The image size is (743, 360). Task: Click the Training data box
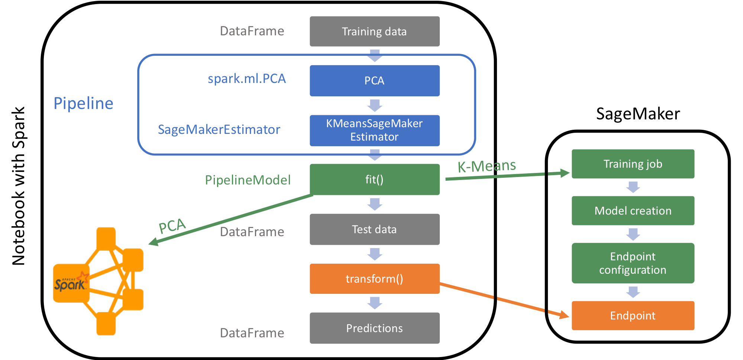(x=375, y=31)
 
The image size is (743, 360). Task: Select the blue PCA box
(x=375, y=81)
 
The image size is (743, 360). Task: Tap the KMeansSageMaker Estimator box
(x=375, y=131)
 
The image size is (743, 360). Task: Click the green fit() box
(x=375, y=180)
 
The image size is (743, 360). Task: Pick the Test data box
(x=375, y=229)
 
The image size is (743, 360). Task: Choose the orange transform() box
(x=375, y=279)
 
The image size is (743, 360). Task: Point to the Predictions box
(x=375, y=328)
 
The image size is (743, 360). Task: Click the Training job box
(x=633, y=164)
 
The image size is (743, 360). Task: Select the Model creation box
(x=633, y=210)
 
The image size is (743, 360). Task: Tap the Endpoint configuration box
(x=633, y=263)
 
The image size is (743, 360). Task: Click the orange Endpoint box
(x=633, y=316)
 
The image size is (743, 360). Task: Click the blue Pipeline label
(x=84, y=103)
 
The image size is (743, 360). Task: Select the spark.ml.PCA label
(x=247, y=79)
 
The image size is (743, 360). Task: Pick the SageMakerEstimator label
(x=219, y=129)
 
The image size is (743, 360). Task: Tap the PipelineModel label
(x=248, y=180)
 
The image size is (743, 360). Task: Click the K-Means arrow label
(x=487, y=166)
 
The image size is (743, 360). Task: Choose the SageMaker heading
(x=638, y=114)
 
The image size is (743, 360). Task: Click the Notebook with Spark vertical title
(x=18, y=186)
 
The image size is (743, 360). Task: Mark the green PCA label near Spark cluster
(x=172, y=226)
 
